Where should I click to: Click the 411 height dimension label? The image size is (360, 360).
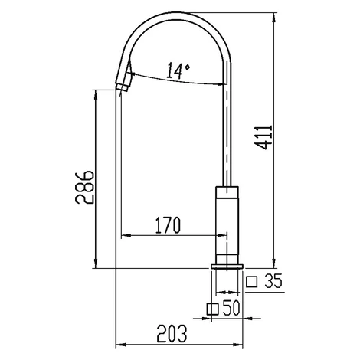coord(263,137)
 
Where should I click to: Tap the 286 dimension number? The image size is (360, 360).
coord(84,188)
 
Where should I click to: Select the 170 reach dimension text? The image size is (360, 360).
coord(168,225)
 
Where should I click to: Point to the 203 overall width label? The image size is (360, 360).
coord(172,334)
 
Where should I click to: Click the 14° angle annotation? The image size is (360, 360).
coord(178,70)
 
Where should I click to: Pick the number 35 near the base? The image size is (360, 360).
coord(273,281)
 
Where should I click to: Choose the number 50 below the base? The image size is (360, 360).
coord(231,307)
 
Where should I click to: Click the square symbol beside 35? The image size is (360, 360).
coord(252,282)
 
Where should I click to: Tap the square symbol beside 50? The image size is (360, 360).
coord(213,309)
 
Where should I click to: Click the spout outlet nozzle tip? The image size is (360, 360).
coord(123,87)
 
